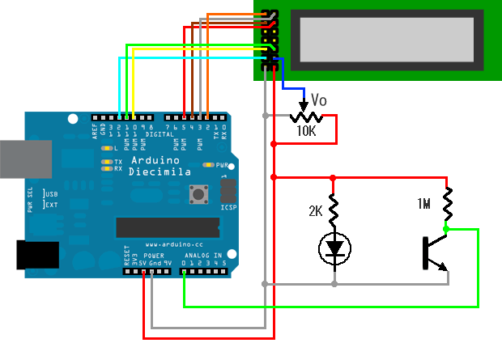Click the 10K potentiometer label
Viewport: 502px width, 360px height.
click(307, 130)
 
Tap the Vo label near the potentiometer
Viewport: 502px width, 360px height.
click(318, 102)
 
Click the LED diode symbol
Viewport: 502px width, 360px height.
click(333, 248)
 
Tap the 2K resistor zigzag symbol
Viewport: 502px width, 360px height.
click(333, 208)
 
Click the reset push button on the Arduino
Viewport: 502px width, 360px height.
click(196, 195)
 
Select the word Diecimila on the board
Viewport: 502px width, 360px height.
click(160, 172)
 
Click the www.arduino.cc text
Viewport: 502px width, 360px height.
click(168, 244)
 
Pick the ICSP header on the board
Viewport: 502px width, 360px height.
click(228, 192)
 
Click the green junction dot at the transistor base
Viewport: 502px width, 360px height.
click(446, 229)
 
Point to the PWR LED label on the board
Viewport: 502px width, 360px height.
click(223, 165)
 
